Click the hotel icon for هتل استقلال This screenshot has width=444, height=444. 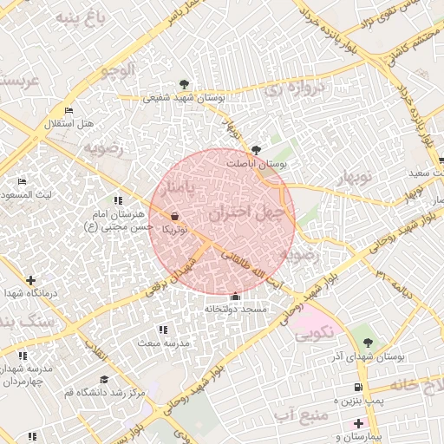(69, 110)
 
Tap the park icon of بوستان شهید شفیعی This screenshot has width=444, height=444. (184, 85)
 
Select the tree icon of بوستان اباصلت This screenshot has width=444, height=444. (255, 149)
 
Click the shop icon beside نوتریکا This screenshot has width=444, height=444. (176, 216)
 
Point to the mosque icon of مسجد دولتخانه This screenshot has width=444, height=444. (235, 297)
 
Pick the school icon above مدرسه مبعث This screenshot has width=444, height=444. (163, 330)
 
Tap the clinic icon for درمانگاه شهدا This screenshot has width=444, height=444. (31, 280)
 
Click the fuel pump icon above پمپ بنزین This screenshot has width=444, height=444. (358, 387)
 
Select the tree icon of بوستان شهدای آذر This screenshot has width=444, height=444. (369, 343)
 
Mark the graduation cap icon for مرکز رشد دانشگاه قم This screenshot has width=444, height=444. (104, 380)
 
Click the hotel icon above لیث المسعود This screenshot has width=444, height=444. (22, 181)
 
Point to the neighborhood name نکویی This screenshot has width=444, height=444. (312, 330)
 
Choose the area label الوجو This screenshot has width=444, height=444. (116, 69)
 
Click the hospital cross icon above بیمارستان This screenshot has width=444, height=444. (358, 423)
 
